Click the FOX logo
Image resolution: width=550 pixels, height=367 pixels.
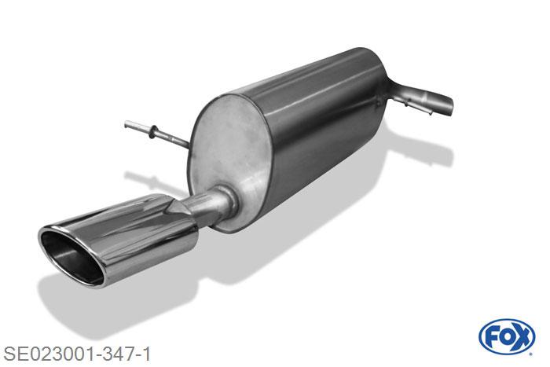point(507,337)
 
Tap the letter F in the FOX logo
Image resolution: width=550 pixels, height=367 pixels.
point(492,337)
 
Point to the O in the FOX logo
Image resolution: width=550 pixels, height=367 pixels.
point(507,337)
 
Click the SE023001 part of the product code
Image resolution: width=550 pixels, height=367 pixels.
point(49,354)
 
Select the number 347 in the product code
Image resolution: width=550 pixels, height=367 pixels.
point(119,354)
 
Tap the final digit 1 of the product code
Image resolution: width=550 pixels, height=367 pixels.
point(146,354)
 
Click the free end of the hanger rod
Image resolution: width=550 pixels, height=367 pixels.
point(126,124)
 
